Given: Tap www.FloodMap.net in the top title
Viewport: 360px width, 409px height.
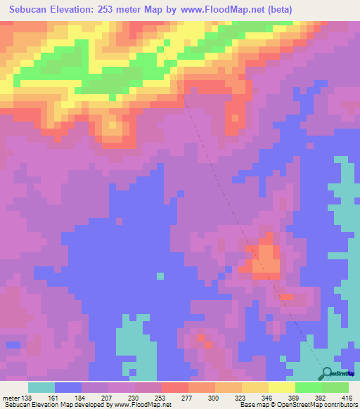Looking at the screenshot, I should [217, 10].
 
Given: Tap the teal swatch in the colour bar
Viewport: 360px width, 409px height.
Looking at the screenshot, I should [41, 387].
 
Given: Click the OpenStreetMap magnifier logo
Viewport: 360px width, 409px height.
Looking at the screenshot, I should [328, 373].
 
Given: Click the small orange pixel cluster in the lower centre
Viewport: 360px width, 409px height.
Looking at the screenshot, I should [203, 340].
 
